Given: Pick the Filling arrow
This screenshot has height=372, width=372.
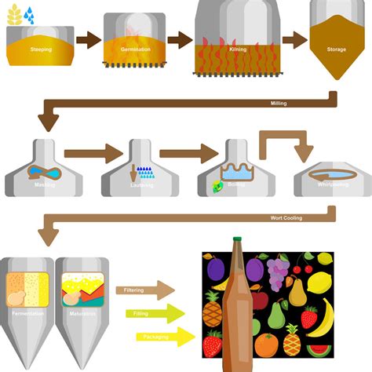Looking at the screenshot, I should (153, 314).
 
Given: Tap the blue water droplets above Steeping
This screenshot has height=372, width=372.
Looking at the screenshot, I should (29, 13).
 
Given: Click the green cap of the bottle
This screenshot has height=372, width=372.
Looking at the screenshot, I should (238, 239).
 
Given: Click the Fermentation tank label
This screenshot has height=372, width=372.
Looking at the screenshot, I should (26, 314).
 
